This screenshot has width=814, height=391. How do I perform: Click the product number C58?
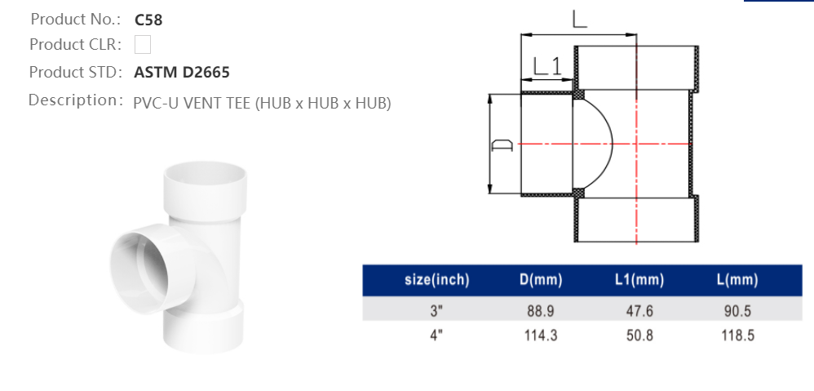[148, 20]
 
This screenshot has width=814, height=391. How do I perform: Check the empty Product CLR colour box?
[143, 44]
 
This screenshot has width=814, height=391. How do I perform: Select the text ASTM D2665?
[181, 73]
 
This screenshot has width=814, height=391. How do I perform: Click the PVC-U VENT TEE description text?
[262, 103]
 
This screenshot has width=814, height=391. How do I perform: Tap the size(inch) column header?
[436, 280]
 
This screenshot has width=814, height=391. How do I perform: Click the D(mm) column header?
[541, 280]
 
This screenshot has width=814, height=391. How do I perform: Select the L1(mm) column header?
[639, 280]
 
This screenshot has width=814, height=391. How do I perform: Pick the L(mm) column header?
[737, 280]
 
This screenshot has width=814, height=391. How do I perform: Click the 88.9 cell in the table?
[541, 311]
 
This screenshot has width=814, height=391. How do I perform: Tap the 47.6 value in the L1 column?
[639, 311]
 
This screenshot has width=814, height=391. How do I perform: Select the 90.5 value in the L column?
[737, 311]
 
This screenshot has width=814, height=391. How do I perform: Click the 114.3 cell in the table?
[541, 335]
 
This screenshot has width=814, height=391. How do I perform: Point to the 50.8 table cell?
[639, 335]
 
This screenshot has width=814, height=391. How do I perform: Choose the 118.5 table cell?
[737, 335]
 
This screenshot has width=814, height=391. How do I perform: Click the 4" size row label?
[436, 335]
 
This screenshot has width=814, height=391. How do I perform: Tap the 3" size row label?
[436, 311]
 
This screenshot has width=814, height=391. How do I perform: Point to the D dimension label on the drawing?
[502, 145]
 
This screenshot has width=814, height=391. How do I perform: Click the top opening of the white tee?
[206, 173]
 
